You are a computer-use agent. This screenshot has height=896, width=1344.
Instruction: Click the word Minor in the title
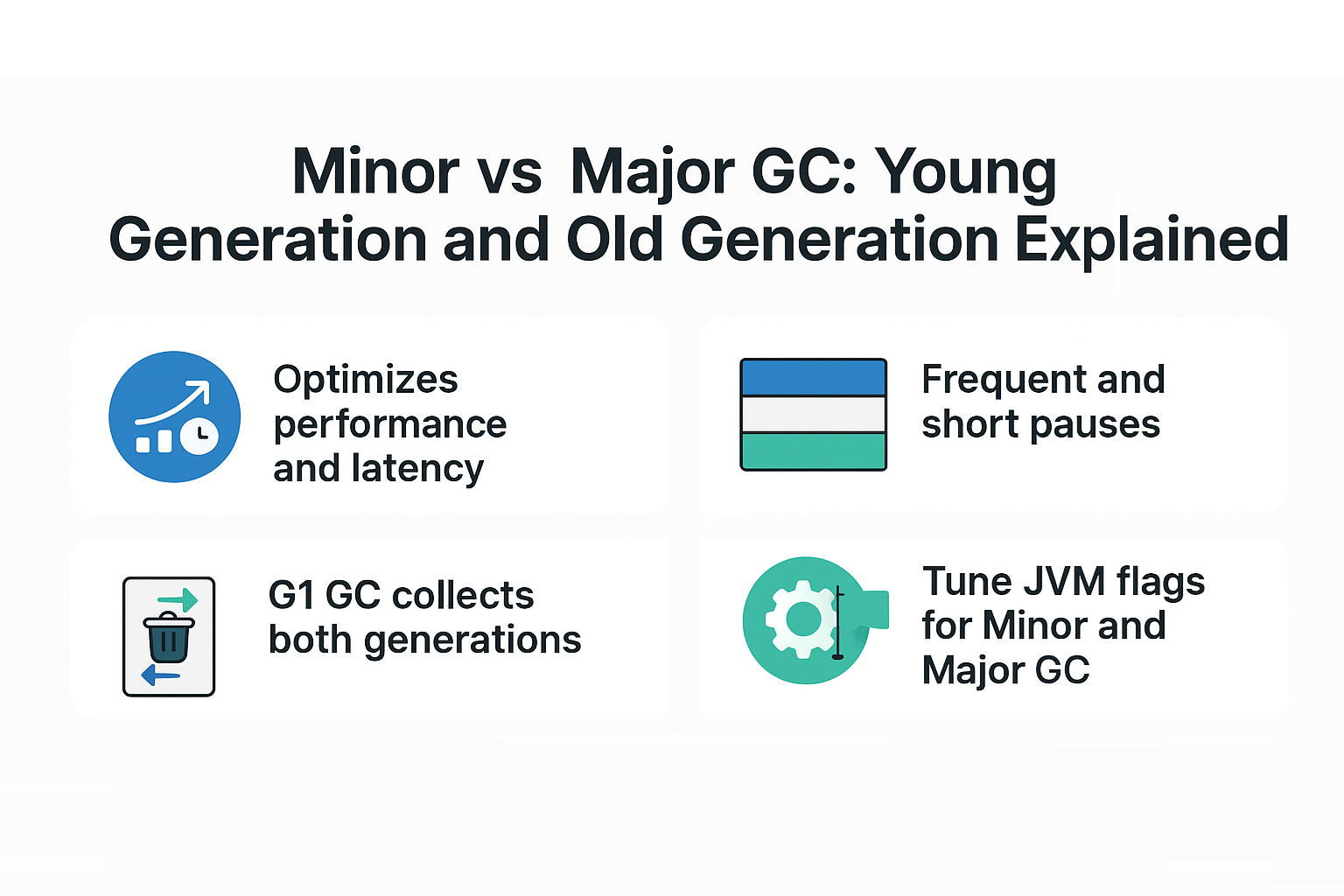tap(376, 171)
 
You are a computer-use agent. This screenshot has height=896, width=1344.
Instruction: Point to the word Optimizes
tap(366, 381)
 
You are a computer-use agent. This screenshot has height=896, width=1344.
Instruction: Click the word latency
tap(417, 469)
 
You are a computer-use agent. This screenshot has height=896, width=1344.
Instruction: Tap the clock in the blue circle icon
tap(199, 434)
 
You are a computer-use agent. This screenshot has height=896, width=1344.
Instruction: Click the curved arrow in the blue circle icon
tap(172, 402)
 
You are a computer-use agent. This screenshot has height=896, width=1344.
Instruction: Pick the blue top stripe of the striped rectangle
tap(813, 377)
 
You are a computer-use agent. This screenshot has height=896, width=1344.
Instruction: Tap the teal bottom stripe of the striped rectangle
tap(813, 451)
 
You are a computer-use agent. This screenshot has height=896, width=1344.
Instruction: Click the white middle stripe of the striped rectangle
tap(813, 415)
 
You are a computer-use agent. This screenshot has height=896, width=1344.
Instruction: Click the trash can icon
tap(169, 637)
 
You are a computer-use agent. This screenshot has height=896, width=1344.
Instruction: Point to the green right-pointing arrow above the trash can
tap(178, 600)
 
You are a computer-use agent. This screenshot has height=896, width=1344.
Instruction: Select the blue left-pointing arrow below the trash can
tap(160, 675)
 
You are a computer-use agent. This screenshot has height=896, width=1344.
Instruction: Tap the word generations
tap(472, 641)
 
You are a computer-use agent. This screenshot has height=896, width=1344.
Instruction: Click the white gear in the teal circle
tap(801, 620)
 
